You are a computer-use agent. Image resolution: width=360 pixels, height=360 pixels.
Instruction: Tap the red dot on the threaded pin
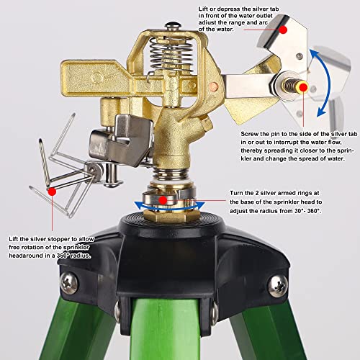303,88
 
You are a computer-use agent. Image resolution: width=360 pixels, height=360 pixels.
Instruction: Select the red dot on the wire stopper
52,192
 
